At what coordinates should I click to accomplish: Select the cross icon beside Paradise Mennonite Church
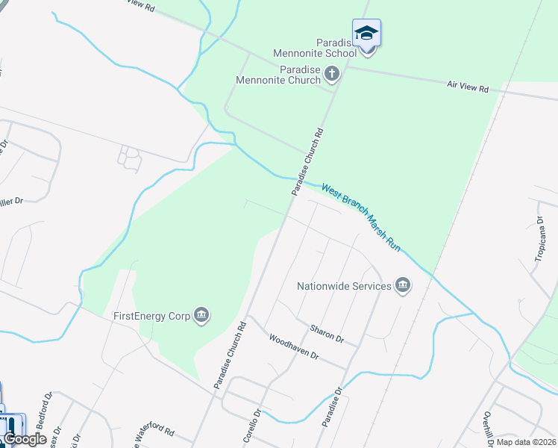pyautogui.click(x=332, y=74)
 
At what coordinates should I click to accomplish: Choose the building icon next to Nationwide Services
pyautogui.click(x=403, y=286)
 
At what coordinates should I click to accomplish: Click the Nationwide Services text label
pyautogui.click(x=344, y=286)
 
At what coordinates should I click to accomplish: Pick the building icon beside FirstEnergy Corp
pyautogui.click(x=201, y=316)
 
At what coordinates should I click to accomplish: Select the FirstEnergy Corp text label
pyautogui.click(x=151, y=316)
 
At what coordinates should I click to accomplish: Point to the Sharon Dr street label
pyautogui.click(x=327, y=333)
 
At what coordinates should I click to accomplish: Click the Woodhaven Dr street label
pyautogui.click(x=294, y=346)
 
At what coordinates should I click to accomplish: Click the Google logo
pyautogui.click(x=25, y=439)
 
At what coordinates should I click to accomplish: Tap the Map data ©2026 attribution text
pyautogui.click(x=526, y=441)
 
